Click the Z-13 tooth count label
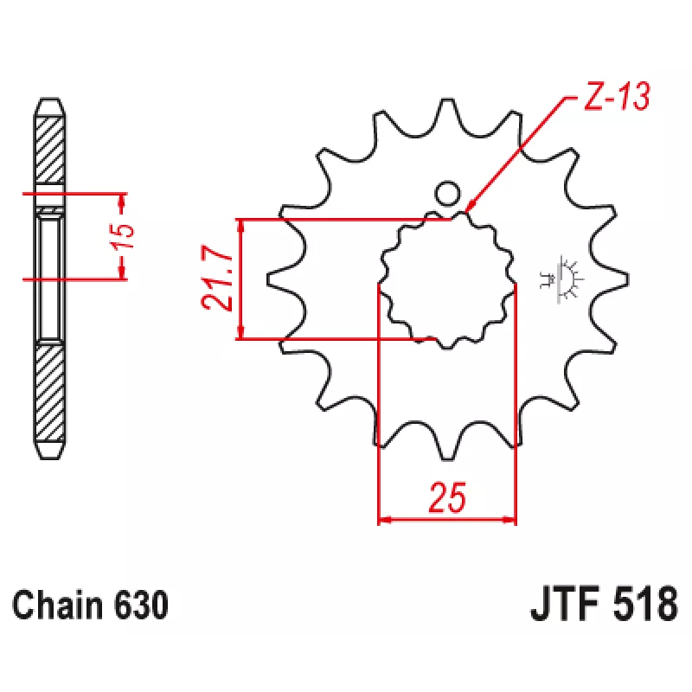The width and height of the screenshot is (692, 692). tap(617, 96)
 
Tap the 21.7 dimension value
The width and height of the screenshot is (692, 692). tap(217, 278)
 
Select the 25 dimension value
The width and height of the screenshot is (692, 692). tap(446, 498)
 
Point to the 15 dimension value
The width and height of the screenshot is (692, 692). tap(122, 236)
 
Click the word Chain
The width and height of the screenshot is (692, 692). tap(58, 605)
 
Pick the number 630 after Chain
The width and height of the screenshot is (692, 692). tap(141, 605)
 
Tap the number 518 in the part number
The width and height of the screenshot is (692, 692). tap(644, 603)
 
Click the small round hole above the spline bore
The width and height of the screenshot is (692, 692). tap(447, 194)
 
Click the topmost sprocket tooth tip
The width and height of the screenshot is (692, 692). tap(447, 99)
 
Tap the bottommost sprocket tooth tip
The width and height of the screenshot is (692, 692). tap(447, 458)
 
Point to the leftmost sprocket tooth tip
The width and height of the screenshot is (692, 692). tap(268, 279)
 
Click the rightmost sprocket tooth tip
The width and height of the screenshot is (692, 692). tap(627, 279)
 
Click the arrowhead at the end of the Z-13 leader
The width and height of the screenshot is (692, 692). tap(470, 208)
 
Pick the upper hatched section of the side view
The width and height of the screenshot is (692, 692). tap(50, 150)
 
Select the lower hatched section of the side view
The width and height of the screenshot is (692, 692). tap(50, 393)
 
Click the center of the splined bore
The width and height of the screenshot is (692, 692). tap(447, 279)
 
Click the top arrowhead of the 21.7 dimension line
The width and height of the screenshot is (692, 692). tap(240, 226)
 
